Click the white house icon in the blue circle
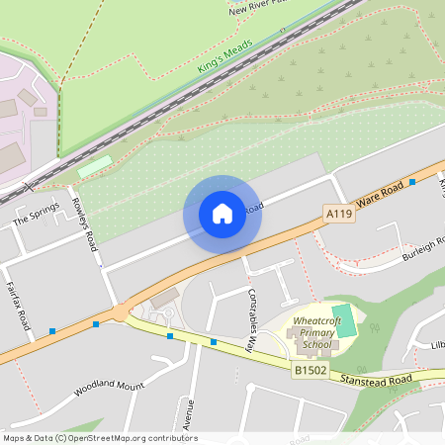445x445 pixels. point(222,213)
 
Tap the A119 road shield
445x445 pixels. point(339,213)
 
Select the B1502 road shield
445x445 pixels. point(310,369)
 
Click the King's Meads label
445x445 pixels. point(225,55)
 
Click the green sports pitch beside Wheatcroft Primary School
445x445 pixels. point(344,320)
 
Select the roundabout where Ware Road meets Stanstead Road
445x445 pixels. point(121,311)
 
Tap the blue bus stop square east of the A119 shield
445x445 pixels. point(411,182)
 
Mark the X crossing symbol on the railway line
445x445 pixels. point(30,185)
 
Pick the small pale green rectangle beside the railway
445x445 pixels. point(95,165)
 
